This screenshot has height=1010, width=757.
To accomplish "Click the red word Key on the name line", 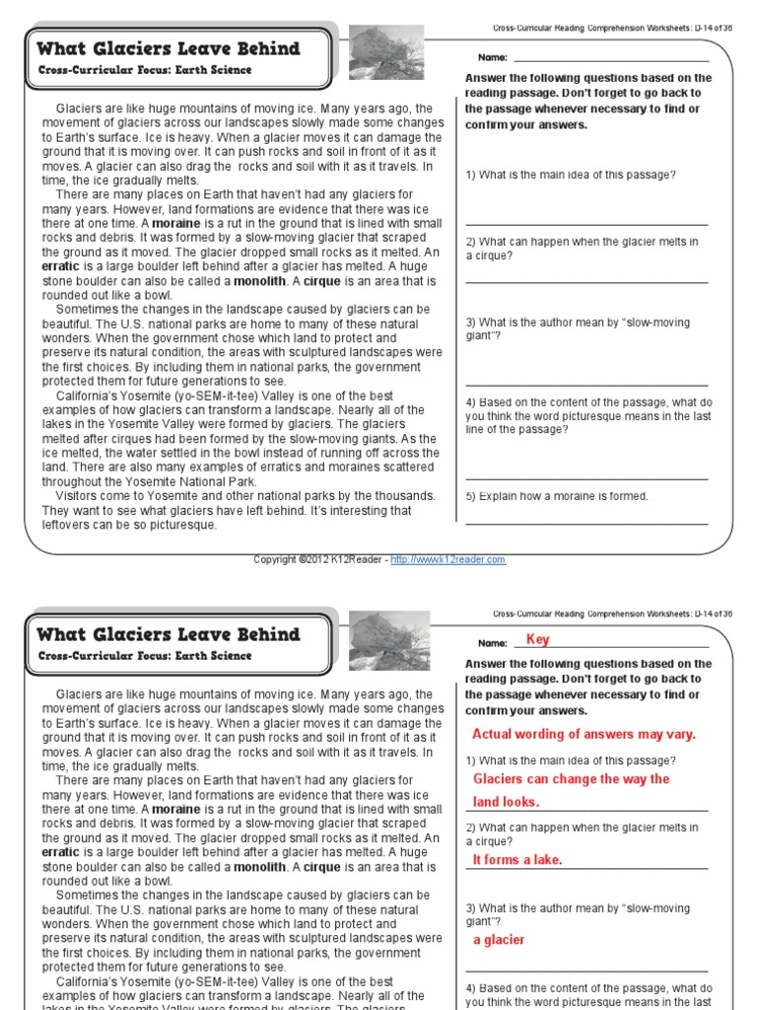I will [538, 640].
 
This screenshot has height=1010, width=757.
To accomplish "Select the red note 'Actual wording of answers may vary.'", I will [584, 734].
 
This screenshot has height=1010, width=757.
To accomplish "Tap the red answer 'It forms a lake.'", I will [517, 860].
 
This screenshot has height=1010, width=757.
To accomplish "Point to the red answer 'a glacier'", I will [499, 940].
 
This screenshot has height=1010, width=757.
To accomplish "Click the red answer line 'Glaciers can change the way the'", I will [571, 779].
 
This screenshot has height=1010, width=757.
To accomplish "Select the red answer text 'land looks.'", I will [506, 802].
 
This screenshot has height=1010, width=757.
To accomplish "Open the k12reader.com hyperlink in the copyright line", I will [447, 560].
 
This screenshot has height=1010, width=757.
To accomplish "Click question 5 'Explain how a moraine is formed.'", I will [557, 496].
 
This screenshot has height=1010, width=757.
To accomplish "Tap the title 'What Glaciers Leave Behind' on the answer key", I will [169, 634].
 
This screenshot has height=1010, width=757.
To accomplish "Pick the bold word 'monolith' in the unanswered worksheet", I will [259, 280].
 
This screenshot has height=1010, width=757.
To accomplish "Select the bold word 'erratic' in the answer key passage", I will [61, 852].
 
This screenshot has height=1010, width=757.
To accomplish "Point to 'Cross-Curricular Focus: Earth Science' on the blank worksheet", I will [145, 70].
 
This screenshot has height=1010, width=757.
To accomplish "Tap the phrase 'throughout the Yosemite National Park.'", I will [149, 481].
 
